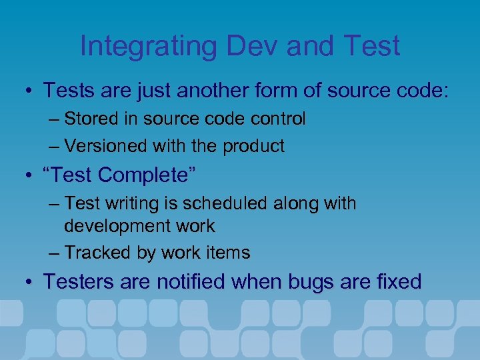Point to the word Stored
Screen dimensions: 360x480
pyautogui.click(x=92, y=119)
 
